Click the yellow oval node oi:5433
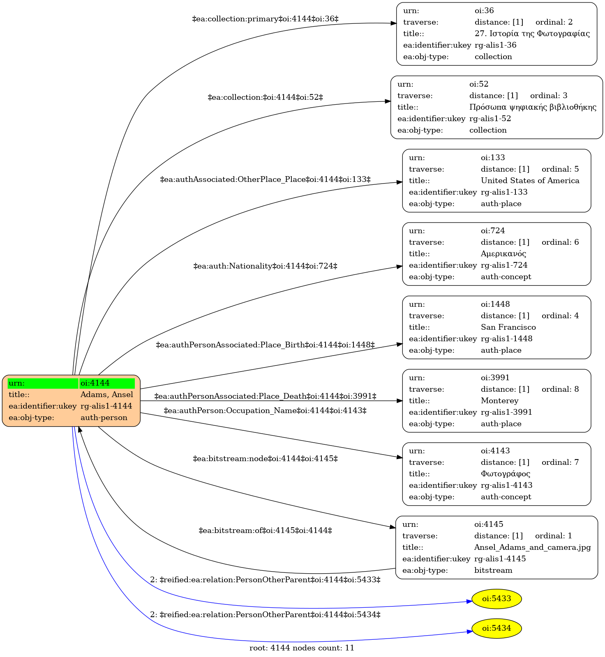496,599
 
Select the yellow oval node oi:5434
496,628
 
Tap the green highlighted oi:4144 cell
107,383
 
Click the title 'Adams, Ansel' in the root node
107,395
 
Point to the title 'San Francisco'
508,327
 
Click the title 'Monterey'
500,401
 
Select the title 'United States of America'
530,181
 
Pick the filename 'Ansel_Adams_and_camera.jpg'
533,547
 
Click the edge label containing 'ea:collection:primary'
266,19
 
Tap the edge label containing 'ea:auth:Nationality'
266,266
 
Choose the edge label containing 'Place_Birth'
266,345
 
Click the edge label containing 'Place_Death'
266,396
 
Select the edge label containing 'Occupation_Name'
265,411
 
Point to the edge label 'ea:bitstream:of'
266,531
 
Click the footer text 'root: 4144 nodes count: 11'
302,648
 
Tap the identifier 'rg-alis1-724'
504,265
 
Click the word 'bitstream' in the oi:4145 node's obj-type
493,570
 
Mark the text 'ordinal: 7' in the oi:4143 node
560,462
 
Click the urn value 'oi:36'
484,11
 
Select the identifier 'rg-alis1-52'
490,119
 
